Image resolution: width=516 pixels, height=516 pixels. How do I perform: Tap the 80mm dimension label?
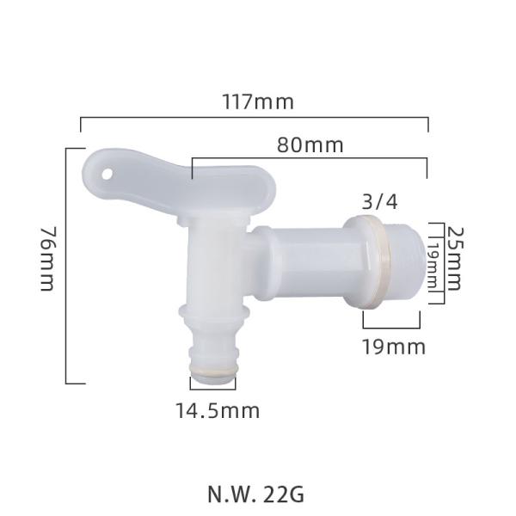click(310, 145)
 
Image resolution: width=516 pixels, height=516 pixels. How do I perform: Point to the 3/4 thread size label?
click(380, 202)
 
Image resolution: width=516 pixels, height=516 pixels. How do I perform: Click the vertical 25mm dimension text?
click(455, 259)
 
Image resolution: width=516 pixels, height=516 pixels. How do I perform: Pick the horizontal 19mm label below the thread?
click(392, 347)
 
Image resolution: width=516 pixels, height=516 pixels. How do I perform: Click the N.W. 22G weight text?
click(255, 494)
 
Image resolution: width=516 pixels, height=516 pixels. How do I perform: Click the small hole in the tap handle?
click(107, 172)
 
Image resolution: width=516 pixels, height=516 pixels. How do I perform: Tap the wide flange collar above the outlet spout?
click(212, 310)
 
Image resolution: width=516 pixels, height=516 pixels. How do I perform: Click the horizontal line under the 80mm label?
click(310, 159)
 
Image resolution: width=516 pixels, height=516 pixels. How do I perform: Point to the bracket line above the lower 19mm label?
click(392, 327)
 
